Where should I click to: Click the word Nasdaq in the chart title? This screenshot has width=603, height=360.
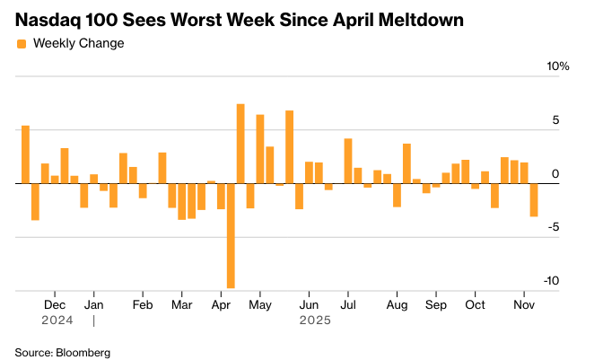pos(48,19)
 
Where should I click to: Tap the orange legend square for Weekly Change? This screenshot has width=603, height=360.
pos(22,43)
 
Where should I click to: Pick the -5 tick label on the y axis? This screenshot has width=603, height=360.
pos(554,226)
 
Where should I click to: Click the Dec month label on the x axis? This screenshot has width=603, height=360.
pos(54,304)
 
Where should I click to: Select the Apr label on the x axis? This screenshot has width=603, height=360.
pos(221,304)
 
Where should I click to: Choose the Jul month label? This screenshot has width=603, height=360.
pos(348,304)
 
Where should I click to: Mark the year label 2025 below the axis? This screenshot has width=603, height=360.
pos(315,320)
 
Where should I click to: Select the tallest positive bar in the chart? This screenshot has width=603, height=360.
pos(240,144)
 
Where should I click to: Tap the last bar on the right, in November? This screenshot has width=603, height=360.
pos(534,199)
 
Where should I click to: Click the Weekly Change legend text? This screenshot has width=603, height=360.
pos(78,43)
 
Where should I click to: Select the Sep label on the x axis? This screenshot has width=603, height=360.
pos(436,304)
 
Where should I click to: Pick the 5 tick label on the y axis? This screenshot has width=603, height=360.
pos(555,119)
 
